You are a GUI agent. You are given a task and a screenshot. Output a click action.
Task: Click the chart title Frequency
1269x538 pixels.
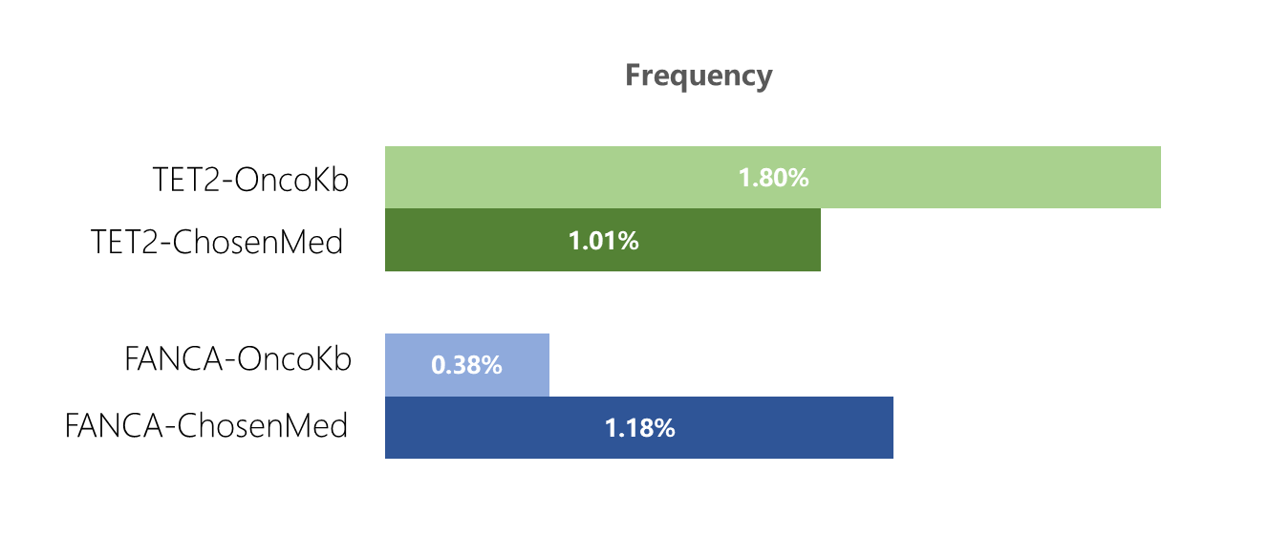(699, 75)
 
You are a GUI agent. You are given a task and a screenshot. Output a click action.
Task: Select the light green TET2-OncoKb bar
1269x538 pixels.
(773, 177)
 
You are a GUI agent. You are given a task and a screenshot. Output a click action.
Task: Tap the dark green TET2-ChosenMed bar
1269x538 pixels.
(603, 240)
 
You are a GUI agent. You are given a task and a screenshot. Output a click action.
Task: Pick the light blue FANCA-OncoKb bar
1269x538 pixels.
(467, 365)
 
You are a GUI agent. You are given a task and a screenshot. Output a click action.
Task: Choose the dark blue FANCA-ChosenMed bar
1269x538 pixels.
(639, 427)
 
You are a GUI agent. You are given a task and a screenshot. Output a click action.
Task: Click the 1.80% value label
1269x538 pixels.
(773, 178)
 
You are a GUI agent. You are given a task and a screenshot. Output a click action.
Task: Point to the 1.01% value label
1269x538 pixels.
(603, 241)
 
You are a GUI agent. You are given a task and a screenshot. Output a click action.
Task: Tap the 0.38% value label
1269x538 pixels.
(466, 365)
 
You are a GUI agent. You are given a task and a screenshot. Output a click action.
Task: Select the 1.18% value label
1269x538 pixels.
(639, 428)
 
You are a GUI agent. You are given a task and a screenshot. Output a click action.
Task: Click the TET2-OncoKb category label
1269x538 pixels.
(250, 180)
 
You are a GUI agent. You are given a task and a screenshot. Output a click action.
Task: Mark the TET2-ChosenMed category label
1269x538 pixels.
(217, 243)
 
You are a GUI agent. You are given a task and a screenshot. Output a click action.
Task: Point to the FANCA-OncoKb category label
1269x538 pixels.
(238, 359)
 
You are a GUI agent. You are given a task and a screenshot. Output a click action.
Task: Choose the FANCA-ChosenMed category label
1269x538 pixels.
(206, 426)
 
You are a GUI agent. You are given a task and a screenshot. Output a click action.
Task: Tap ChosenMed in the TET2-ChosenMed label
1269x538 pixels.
(258, 243)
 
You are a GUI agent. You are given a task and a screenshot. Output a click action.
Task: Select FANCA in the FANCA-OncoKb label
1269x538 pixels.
(173, 359)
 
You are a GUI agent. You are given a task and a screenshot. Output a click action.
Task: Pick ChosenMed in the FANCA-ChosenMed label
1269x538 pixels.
(262, 426)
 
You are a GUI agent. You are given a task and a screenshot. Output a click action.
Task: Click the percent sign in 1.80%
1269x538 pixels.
(797, 178)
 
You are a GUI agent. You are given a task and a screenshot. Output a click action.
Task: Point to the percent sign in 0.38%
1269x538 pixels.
(490, 365)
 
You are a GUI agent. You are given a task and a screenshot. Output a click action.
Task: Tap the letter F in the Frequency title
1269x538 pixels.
(634, 75)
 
